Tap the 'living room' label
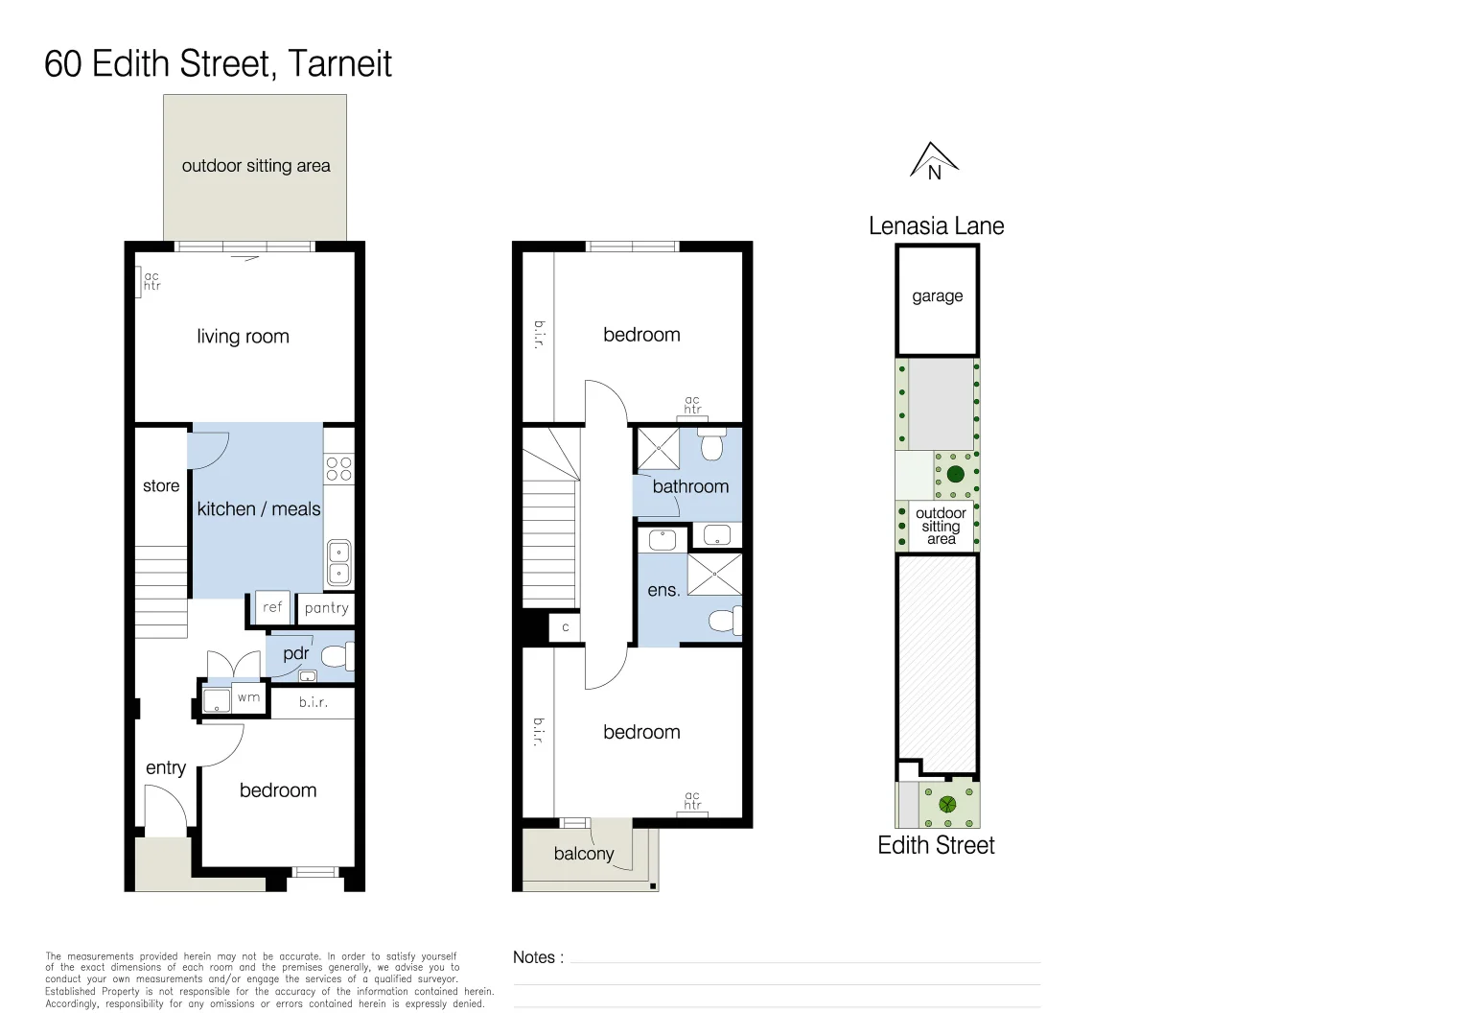(x=243, y=337)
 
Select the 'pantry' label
(x=326, y=608)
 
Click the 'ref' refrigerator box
(x=272, y=606)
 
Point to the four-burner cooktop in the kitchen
(x=338, y=469)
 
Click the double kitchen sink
(x=338, y=562)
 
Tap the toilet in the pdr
(x=337, y=656)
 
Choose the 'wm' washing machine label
(x=248, y=697)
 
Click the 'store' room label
(x=161, y=485)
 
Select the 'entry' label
(x=166, y=767)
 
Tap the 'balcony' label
(x=583, y=854)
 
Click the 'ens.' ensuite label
(x=663, y=590)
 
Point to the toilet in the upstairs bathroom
(x=711, y=444)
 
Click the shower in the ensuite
(x=714, y=575)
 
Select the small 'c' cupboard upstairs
(x=565, y=627)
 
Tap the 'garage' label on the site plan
(x=938, y=296)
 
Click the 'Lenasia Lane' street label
(x=936, y=225)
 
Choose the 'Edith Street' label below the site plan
(x=936, y=845)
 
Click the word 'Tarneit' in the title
(x=339, y=63)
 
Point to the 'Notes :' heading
(x=538, y=957)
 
